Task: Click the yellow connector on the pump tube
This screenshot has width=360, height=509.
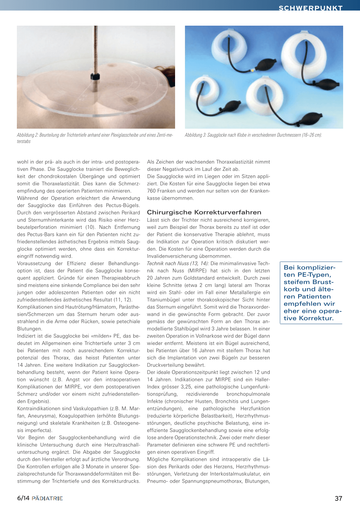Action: pos(252,70)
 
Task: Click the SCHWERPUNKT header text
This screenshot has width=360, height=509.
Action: pos(310,8)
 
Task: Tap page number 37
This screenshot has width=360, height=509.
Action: pos(338,498)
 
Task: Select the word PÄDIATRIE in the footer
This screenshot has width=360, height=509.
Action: pos(47,498)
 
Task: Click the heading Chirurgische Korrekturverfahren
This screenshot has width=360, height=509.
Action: pos(204,212)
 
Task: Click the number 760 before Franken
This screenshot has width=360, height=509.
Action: pos(151,191)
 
